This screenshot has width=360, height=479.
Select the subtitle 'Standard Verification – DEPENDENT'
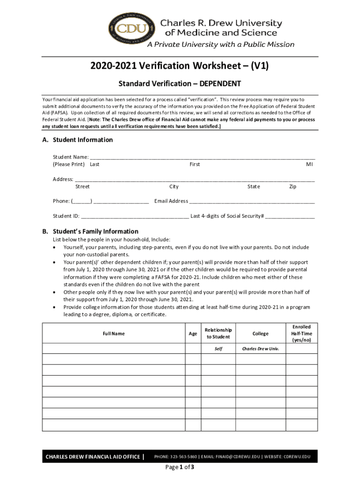pos(180,84)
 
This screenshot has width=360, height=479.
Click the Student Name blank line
pos(202,157)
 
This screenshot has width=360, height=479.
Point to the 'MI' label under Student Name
pos(310,165)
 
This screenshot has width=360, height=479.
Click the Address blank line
pos(194,179)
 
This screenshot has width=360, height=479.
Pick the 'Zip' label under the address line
pos(293,187)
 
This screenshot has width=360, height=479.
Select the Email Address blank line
pos(252,202)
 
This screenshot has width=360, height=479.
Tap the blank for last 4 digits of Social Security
pos(290,217)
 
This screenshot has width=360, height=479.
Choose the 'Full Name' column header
pos(114,334)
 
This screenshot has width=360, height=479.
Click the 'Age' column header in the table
pos(193,334)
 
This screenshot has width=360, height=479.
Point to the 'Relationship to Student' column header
pos(218,334)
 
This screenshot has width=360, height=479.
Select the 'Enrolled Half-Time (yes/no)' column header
pos(302,333)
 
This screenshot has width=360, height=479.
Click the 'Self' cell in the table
pos(218,349)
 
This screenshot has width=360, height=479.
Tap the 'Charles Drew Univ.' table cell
pos(260,349)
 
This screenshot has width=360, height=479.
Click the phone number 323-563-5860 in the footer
pos(184,457)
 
